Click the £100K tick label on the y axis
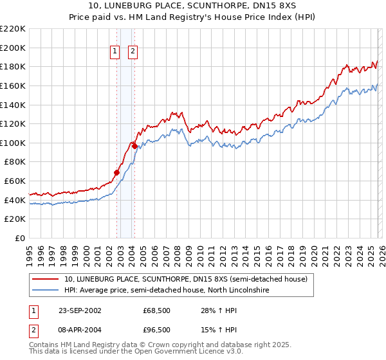point(13,143)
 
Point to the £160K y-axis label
point(13,85)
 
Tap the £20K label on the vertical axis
point(15,219)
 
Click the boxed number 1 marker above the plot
point(115,52)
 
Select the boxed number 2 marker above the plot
point(133,52)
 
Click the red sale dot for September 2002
point(117,172)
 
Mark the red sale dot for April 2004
point(134,146)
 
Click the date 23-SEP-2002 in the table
point(80,310)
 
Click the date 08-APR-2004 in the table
point(80,329)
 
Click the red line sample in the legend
point(46,280)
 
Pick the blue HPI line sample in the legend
point(46,291)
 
